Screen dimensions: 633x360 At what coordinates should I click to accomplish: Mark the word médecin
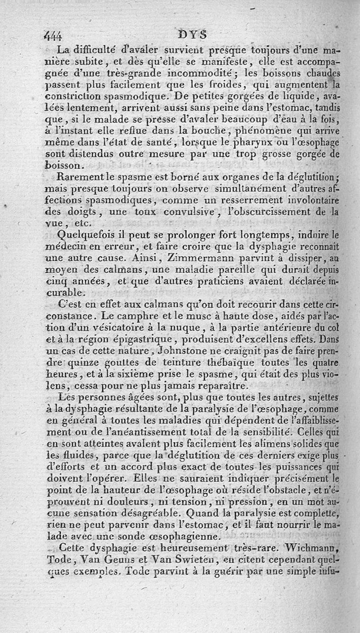click(70, 247)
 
